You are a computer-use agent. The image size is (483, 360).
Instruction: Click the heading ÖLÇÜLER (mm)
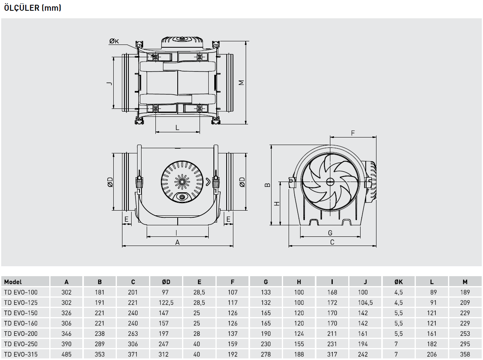(x=33, y=8)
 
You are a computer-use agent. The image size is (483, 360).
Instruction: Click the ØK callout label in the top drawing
(x=114, y=41)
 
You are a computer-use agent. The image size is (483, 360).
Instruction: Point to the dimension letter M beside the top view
(x=241, y=83)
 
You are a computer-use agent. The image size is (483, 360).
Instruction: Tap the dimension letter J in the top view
(x=110, y=83)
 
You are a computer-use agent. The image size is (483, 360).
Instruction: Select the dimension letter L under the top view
(x=177, y=128)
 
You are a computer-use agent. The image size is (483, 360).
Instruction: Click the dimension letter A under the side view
(x=177, y=242)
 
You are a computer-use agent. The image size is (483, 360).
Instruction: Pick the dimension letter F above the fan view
(x=353, y=133)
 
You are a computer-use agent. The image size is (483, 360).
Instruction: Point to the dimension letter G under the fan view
(x=330, y=233)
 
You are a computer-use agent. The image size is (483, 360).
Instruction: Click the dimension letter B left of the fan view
(x=268, y=185)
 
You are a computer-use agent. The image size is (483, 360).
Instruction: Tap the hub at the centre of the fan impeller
(x=330, y=182)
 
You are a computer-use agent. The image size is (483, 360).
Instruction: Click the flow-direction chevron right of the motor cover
(x=208, y=182)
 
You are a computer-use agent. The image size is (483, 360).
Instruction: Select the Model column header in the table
(x=13, y=282)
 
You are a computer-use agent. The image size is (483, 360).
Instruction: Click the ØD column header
(x=166, y=282)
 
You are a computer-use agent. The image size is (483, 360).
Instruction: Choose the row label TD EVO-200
(x=21, y=334)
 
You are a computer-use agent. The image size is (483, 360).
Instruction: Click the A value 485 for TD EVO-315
(x=66, y=354)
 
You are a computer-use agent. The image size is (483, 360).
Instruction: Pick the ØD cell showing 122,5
(x=166, y=303)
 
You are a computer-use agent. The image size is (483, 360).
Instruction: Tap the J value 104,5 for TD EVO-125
(x=365, y=303)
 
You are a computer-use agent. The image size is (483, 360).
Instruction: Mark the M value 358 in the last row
(x=465, y=354)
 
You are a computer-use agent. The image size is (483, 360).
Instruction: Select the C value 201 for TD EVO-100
(x=133, y=292)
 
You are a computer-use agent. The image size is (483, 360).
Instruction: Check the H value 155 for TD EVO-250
(x=299, y=344)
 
